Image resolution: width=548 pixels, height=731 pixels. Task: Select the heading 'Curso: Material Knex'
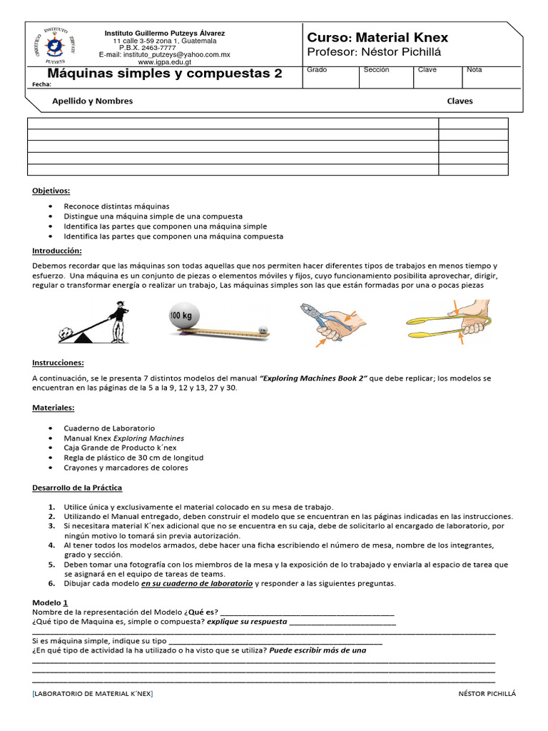(x=377, y=37)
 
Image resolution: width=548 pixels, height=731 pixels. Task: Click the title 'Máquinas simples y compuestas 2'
(x=165, y=74)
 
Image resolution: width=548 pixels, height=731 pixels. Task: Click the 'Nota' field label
(x=475, y=70)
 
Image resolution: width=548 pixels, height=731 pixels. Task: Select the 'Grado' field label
(x=316, y=70)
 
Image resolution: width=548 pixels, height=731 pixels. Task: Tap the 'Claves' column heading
(x=460, y=101)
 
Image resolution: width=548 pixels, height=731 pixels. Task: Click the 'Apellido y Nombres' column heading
(x=92, y=101)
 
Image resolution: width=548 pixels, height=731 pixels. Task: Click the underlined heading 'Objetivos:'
(x=51, y=191)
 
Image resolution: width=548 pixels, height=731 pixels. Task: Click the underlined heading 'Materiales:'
(x=54, y=408)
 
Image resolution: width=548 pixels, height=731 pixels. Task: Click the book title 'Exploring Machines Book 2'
(x=314, y=378)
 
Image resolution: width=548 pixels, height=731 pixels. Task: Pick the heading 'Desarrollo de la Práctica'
(x=77, y=488)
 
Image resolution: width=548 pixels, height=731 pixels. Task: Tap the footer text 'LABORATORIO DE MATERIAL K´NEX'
(x=93, y=694)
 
